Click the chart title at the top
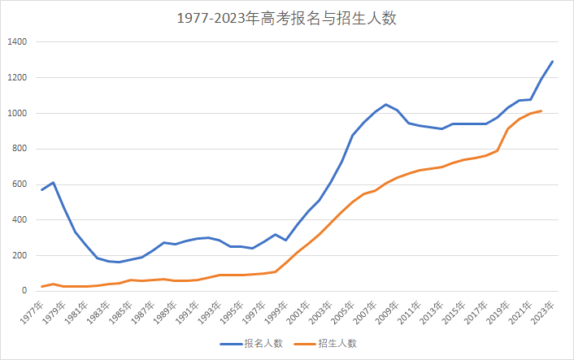pos(287,18)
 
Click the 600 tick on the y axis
pos(20,184)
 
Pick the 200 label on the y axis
pos(20,256)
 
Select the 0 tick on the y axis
pos(24,291)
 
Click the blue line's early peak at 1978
pos(53,183)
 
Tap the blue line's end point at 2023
pos(552,62)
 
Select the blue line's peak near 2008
pos(385,105)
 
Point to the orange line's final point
pos(541,111)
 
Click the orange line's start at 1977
pos(42,287)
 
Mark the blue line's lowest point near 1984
pos(120,262)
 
